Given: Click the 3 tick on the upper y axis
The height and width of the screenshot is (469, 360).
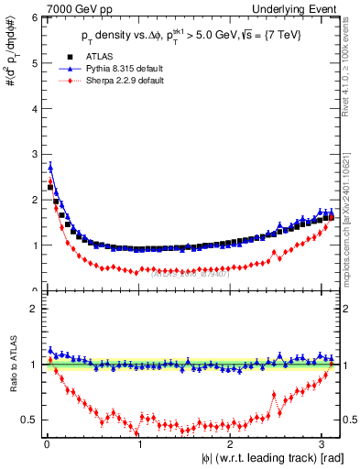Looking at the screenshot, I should [35, 154].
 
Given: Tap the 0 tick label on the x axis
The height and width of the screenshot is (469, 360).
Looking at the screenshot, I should [46, 446].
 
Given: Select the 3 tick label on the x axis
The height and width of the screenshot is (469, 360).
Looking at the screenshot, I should [324, 446].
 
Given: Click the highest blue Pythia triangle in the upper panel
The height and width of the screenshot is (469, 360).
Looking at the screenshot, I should [50, 167].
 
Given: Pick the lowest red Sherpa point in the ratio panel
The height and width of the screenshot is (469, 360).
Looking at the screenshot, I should [137, 433].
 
